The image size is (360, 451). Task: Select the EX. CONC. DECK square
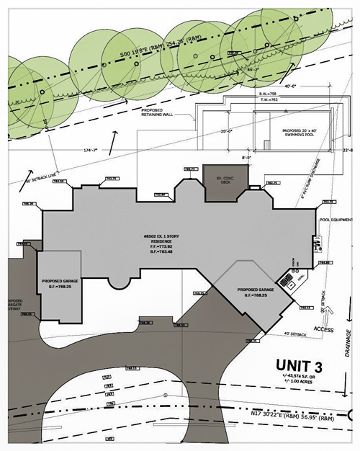coord(222,178)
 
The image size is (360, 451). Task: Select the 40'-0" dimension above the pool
coord(289,84)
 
